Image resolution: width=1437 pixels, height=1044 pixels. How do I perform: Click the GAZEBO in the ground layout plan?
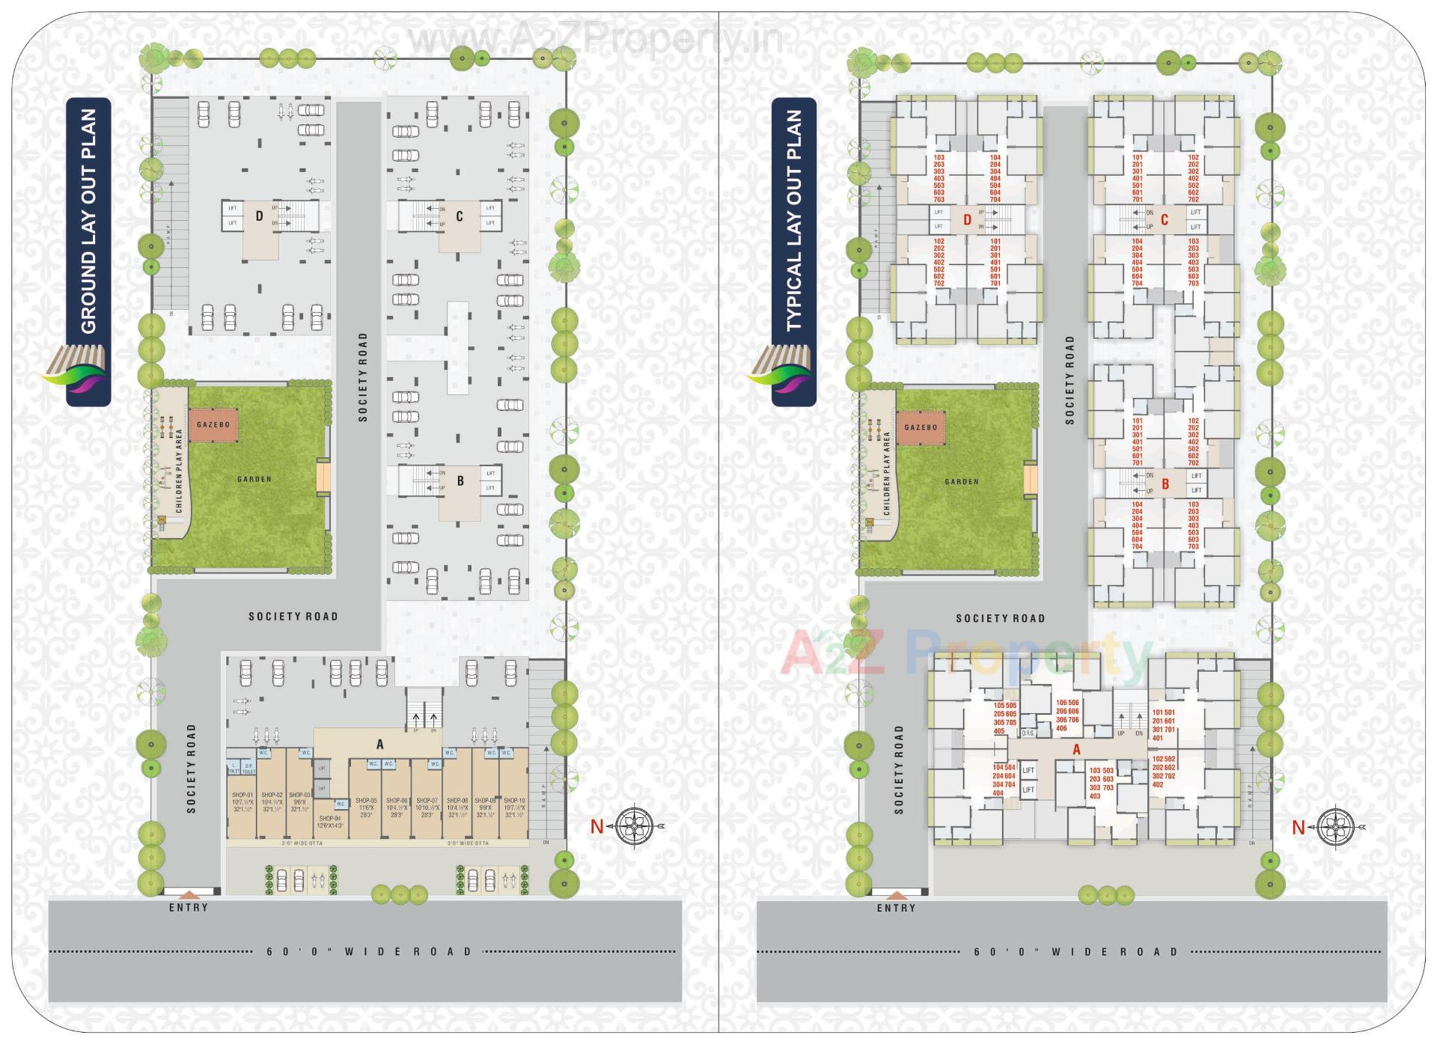(x=213, y=425)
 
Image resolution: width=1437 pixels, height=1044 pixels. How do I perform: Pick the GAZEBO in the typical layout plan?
(x=921, y=427)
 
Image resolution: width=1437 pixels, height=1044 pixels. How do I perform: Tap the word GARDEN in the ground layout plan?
(x=254, y=479)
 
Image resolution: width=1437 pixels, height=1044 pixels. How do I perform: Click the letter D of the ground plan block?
(x=260, y=216)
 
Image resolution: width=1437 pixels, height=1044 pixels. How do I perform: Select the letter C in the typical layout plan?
(x=1164, y=220)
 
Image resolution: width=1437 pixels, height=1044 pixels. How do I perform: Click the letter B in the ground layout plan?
(x=460, y=481)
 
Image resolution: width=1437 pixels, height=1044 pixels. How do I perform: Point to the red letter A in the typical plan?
(x=1076, y=749)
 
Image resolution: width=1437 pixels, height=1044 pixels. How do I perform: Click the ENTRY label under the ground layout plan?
(x=189, y=908)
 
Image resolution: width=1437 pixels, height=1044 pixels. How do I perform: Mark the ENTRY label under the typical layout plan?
(x=897, y=909)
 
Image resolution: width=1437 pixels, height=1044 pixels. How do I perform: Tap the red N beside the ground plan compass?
(x=597, y=827)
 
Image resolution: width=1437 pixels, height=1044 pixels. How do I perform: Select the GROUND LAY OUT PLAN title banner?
(x=88, y=251)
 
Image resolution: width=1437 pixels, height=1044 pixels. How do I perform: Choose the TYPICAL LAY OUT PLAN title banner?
(x=794, y=251)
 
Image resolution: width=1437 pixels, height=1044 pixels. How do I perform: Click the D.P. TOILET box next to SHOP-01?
(x=249, y=769)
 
